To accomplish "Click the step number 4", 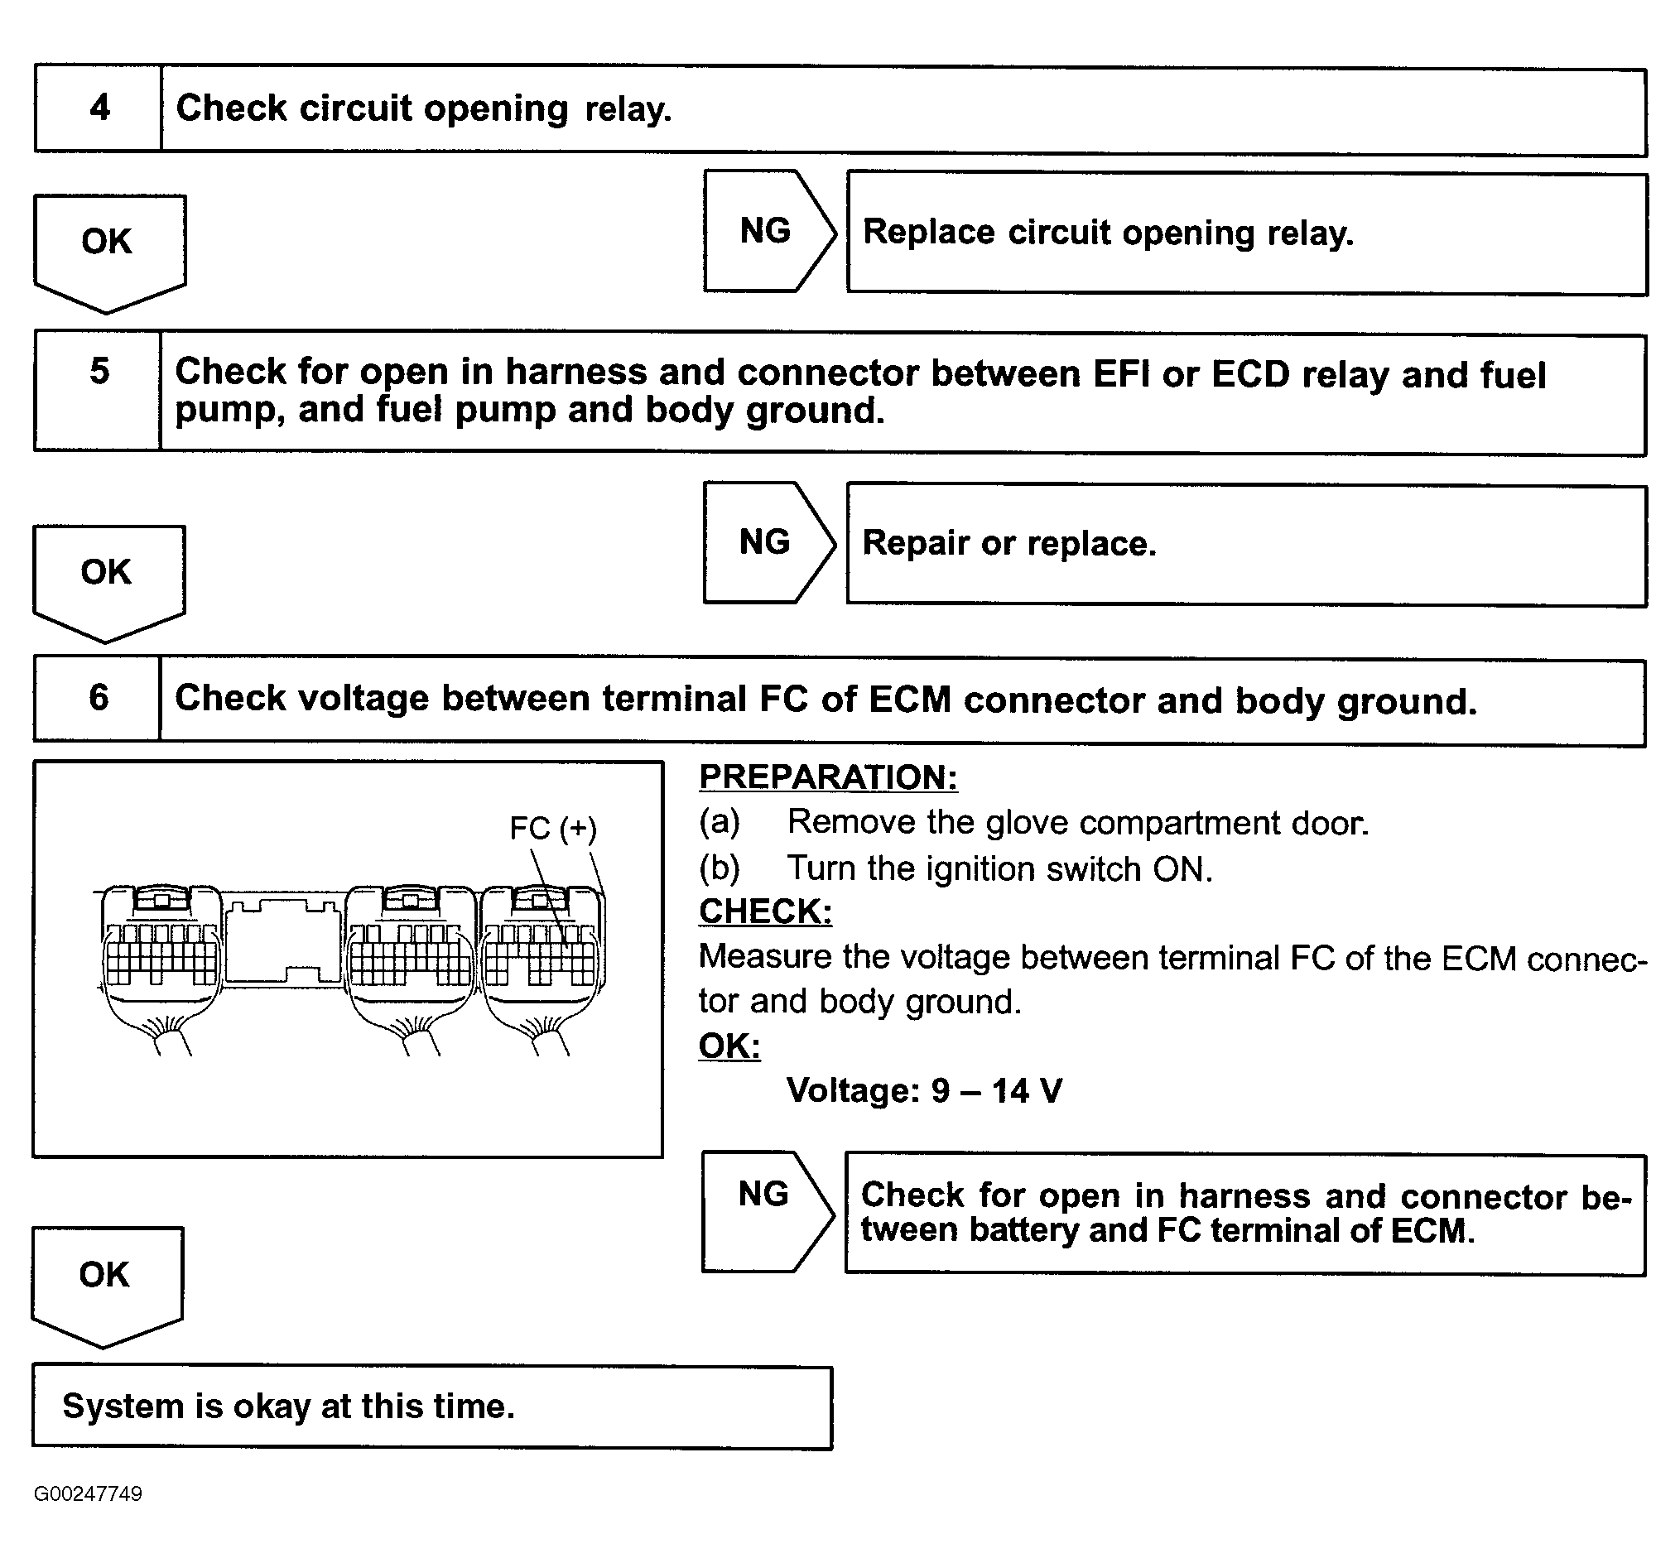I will (99, 108).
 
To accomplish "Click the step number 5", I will (99, 372).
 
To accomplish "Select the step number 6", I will (98, 698).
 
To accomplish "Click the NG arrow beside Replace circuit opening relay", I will (766, 232).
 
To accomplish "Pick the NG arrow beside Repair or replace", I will (765, 542).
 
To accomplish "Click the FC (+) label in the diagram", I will (552, 828).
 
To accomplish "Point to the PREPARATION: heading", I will (828, 777).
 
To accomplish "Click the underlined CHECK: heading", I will (765, 911).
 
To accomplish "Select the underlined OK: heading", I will (729, 1046).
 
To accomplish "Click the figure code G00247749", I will (88, 1493).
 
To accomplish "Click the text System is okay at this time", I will (288, 1407).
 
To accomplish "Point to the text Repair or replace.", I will (1008, 543).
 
